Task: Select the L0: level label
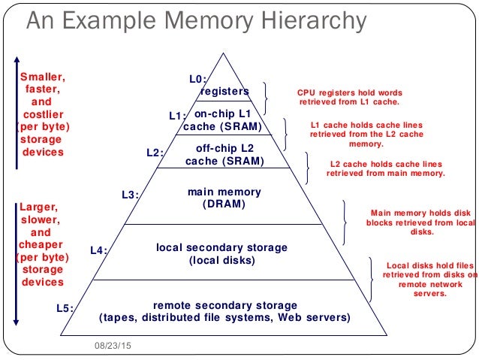pos(197,77)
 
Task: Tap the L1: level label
pos(177,116)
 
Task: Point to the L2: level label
pos(155,153)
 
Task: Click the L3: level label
pos(131,195)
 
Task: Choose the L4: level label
pos(99,250)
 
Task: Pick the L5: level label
pos(66,307)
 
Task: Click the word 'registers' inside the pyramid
pos(224,91)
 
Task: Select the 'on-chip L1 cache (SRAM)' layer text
pos(223,119)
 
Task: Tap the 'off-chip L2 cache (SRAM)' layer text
pos(224,155)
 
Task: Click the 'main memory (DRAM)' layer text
pos(224,198)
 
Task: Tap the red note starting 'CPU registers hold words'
pos(349,95)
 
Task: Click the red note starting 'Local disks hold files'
pos(430,279)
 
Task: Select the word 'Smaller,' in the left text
pos(42,76)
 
